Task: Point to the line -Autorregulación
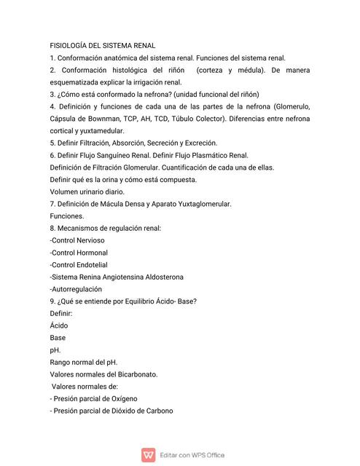(x=76, y=288)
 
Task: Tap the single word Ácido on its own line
(x=59, y=325)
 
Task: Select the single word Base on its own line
(x=58, y=338)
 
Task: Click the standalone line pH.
(x=55, y=350)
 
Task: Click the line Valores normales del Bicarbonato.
(x=103, y=374)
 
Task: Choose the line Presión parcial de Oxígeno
(x=95, y=398)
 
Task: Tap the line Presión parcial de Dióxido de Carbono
(x=113, y=411)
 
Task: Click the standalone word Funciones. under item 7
(x=67, y=216)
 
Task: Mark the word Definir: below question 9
(x=61, y=313)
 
